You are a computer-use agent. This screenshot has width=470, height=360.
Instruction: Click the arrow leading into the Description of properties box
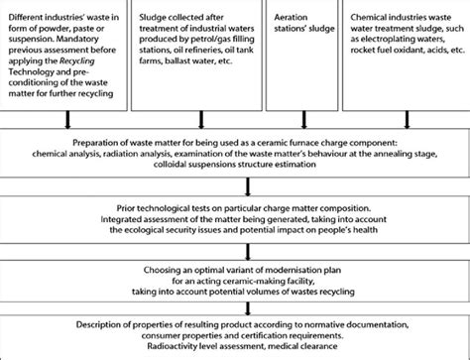click(x=235, y=309)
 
